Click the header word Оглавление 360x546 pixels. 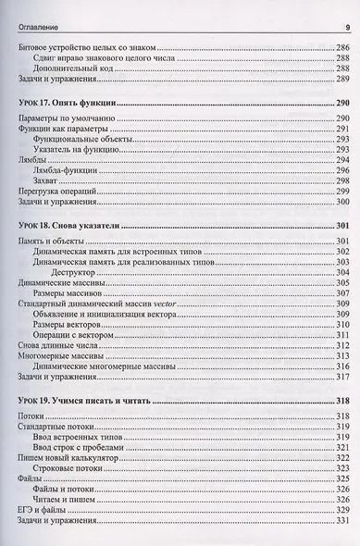pos(32,11)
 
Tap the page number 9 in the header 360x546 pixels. pos(343,11)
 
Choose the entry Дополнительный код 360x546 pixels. pos(72,68)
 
